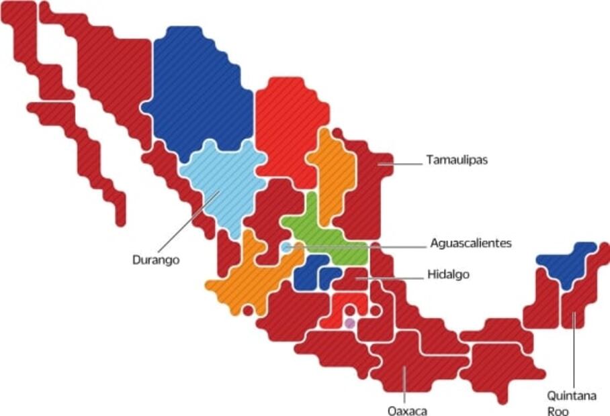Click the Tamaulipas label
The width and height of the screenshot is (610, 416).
(x=456, y=160)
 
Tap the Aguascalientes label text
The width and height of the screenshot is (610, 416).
(x=470, y=243)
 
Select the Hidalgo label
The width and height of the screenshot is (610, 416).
(x=448, y=274)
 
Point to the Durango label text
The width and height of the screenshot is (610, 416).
(x=156, y=260)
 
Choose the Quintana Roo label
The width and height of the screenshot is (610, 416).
(x=570, y=403)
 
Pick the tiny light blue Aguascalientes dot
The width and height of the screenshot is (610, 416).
(x=287, y=248)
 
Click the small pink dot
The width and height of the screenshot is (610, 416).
(x=349, y=323)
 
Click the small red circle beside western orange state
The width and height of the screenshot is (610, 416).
(x=249, y=310)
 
